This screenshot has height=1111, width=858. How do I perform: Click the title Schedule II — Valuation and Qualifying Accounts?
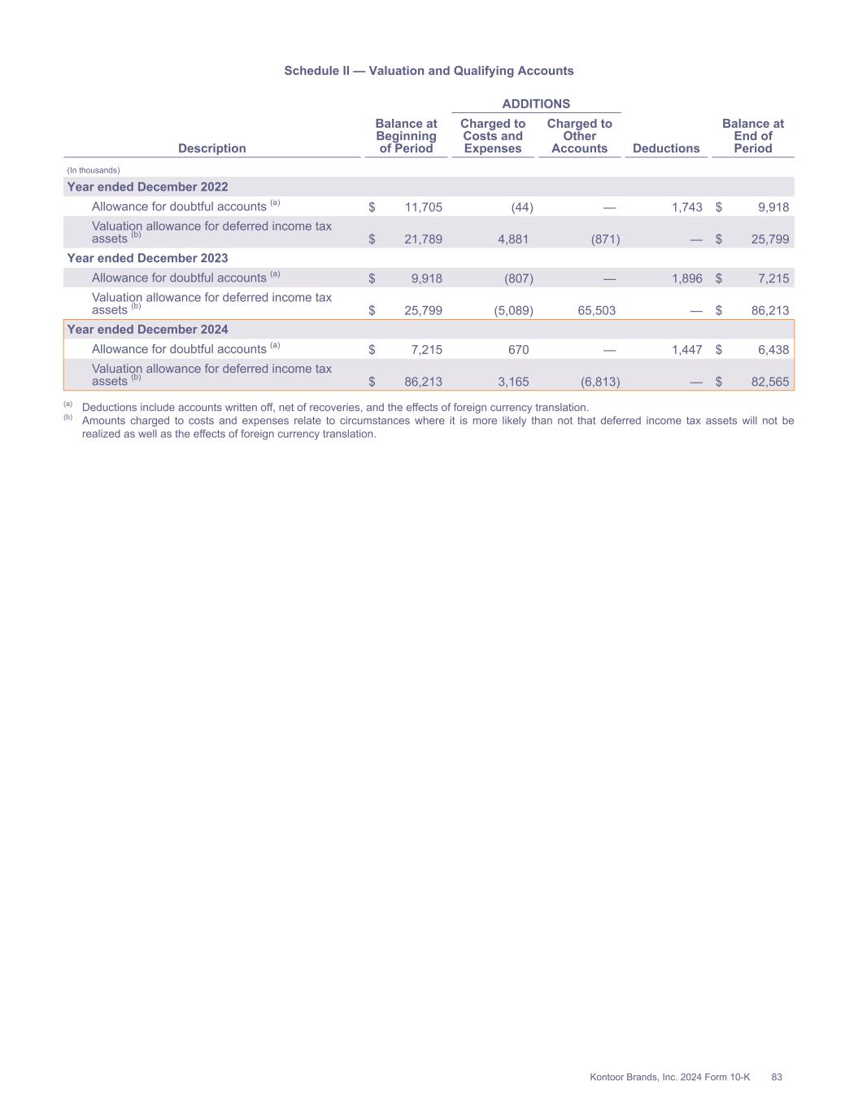tap(429, 71)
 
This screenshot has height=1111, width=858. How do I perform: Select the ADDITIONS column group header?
tap(536, 103)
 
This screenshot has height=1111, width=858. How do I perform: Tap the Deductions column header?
tap(665, 148)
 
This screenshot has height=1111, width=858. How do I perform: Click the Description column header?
tap(211, 148)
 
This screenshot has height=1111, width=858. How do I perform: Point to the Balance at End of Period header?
tap(752, 136)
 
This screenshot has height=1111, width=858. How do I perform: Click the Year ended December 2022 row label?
tap(147, 187)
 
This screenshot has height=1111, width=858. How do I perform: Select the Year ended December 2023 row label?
tap(147, 258)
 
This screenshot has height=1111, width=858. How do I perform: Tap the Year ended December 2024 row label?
tap(147, 330)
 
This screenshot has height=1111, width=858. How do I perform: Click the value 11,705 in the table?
tap(423, 208)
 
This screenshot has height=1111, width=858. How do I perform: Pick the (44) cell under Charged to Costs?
tap(521, 208)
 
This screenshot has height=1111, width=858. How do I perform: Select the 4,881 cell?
tap(512, 239)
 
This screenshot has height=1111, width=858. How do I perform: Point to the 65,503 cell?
tap(596, 311)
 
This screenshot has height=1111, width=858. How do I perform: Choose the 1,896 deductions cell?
tap(686, 278)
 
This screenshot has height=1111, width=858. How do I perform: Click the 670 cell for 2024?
tap(518, 350)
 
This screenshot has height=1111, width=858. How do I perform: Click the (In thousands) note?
tap(94, 170)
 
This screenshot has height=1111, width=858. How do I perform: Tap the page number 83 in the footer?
tap(776, 1077)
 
